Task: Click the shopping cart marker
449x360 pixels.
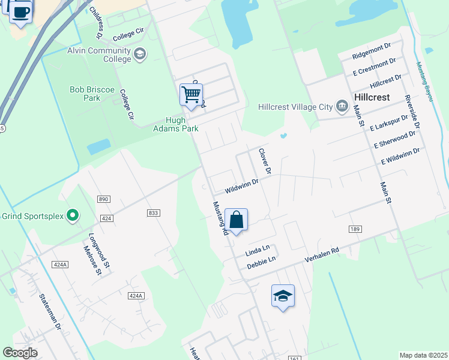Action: [191, 94]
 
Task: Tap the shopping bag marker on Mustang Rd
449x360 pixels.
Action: [237, 220]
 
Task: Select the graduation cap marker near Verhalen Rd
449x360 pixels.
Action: [283, 296]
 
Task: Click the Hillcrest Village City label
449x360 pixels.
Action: [295, 107]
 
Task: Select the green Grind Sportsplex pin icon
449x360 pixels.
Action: [73, 214]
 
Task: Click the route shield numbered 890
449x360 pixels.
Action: [103, 199]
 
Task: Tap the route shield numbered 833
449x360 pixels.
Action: [154, 213]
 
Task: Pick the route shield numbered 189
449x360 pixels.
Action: [354, 229]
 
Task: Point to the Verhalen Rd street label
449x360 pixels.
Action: [322, 254]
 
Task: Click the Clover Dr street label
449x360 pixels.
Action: [265, 161]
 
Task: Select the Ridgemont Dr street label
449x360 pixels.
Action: [372, 50]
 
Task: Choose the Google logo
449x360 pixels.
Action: [20, 353]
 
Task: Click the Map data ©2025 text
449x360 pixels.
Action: [423, 355]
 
